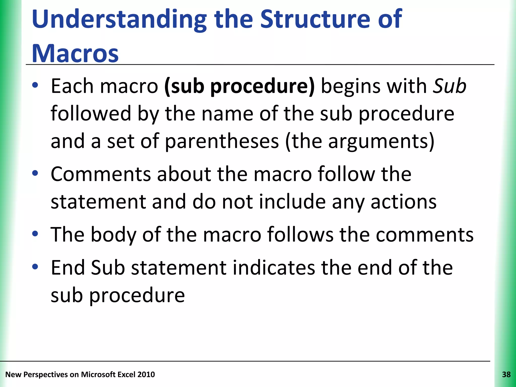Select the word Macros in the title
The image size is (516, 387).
[x=75, y=54]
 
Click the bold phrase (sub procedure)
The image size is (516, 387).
[x=239, y=86]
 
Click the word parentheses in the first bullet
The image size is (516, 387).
[x=222, y=141]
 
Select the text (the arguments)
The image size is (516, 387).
[x=360, y=141]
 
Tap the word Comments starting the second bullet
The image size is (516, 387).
[x=101, y=174]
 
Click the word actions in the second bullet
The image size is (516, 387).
[x=403, y=202]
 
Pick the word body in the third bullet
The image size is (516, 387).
[x=113, y=235]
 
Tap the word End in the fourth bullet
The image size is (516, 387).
[x=68, y=268]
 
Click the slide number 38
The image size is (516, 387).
[x=506, y=375]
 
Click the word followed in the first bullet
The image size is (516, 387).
[x=91, y=114]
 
